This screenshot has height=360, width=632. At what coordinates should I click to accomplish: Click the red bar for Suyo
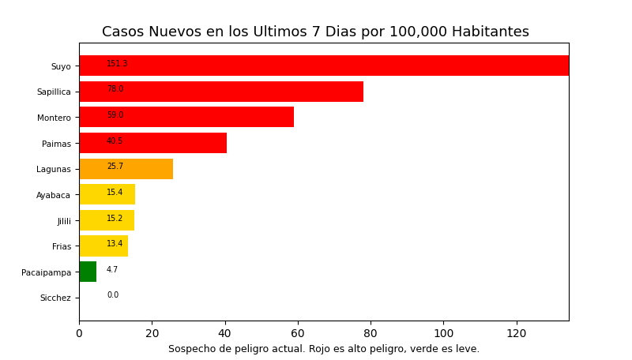click(x=324, y=66)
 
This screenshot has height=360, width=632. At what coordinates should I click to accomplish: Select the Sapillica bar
click(x=221, y=92)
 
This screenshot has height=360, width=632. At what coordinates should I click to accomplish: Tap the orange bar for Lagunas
click(x=126, y=169)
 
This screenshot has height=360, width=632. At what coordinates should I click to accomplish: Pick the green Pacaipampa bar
click(x=88, y=272)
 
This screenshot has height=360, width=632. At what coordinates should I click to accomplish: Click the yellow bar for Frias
click(x=103, y=246)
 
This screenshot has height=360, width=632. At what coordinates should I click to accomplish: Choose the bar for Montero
click(x=186, y=117)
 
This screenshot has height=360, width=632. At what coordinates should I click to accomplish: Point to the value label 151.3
click(x=117, y=64)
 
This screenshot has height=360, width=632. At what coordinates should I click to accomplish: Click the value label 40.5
click(x=115, y=141)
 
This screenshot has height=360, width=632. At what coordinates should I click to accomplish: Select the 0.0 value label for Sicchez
click(x=112, y=295)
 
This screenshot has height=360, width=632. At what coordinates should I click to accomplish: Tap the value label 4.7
click(x=112, y=270)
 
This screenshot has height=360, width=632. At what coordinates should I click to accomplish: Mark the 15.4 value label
click(x=115, y=193)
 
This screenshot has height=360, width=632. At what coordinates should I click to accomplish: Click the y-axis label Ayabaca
click(x=53, y=195)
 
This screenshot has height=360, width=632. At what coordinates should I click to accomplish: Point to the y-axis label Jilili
click(x=63, y=221)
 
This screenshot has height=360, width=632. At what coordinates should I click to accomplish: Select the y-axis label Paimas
click(x=56, y=144)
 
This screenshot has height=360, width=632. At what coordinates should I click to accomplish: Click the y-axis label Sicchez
click(x=55, y=298)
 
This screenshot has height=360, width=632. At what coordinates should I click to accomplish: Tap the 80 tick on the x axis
click(x=371, y=334)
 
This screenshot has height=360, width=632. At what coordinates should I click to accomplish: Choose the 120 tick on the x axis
click(x=517, y=334)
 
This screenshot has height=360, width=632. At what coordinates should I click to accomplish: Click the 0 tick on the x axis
click(x=79, y=334)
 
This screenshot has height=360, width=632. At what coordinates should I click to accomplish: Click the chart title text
click(x=315, y=32)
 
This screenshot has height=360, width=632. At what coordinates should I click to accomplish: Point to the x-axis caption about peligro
click(x=323, y=349)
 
